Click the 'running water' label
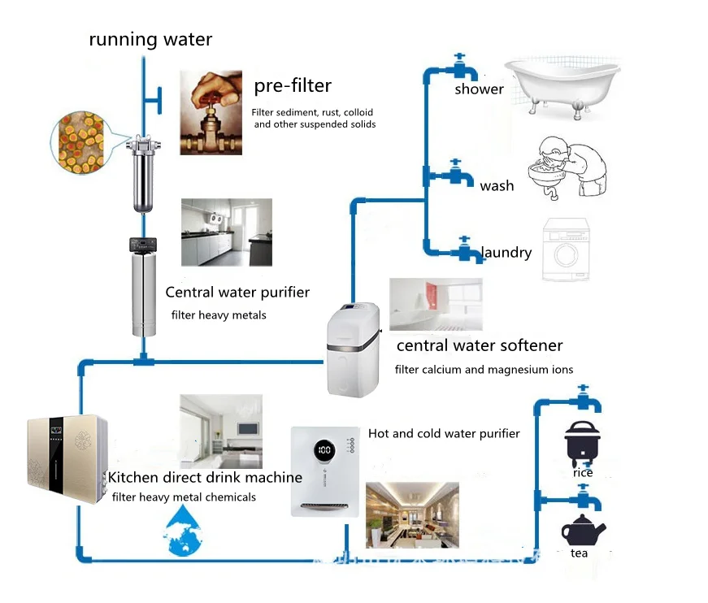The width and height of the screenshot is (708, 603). click(x=150, y=39)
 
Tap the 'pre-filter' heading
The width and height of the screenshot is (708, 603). click(x=293, y=85)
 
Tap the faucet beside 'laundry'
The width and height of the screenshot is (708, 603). click(x=464, y=249)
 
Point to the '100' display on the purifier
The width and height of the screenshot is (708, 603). click(x=324, y=449)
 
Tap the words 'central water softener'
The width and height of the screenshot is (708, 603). click(x=480, y=345)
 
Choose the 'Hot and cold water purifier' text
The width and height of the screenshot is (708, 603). click(x=444, y=433)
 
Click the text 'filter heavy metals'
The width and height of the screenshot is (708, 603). click(x=218, y=315)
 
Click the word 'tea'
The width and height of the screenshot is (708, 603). click(x=579, y=553)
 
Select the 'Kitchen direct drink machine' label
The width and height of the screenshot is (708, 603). click(x=206, y=477)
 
